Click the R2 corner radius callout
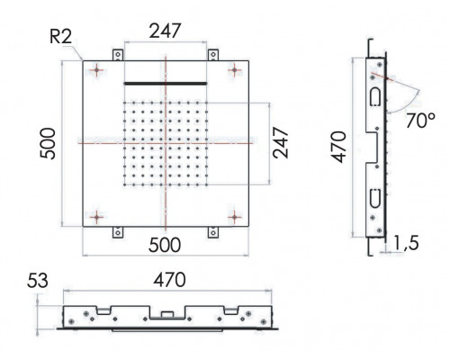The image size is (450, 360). click(61, 37)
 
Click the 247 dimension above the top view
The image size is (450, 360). click(166, 31)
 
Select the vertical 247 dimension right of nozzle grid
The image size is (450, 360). click(281, 143)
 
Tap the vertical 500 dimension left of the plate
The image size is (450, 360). click(48, 144)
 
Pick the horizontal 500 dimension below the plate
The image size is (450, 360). click(165, 245)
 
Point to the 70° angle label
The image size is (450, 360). click(421, 121)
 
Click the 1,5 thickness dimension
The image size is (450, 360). click(406, 243)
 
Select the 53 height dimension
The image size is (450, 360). click(38, 281)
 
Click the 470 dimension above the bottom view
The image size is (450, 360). click(169, 280)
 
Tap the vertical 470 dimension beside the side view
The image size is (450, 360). click(339, 147)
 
